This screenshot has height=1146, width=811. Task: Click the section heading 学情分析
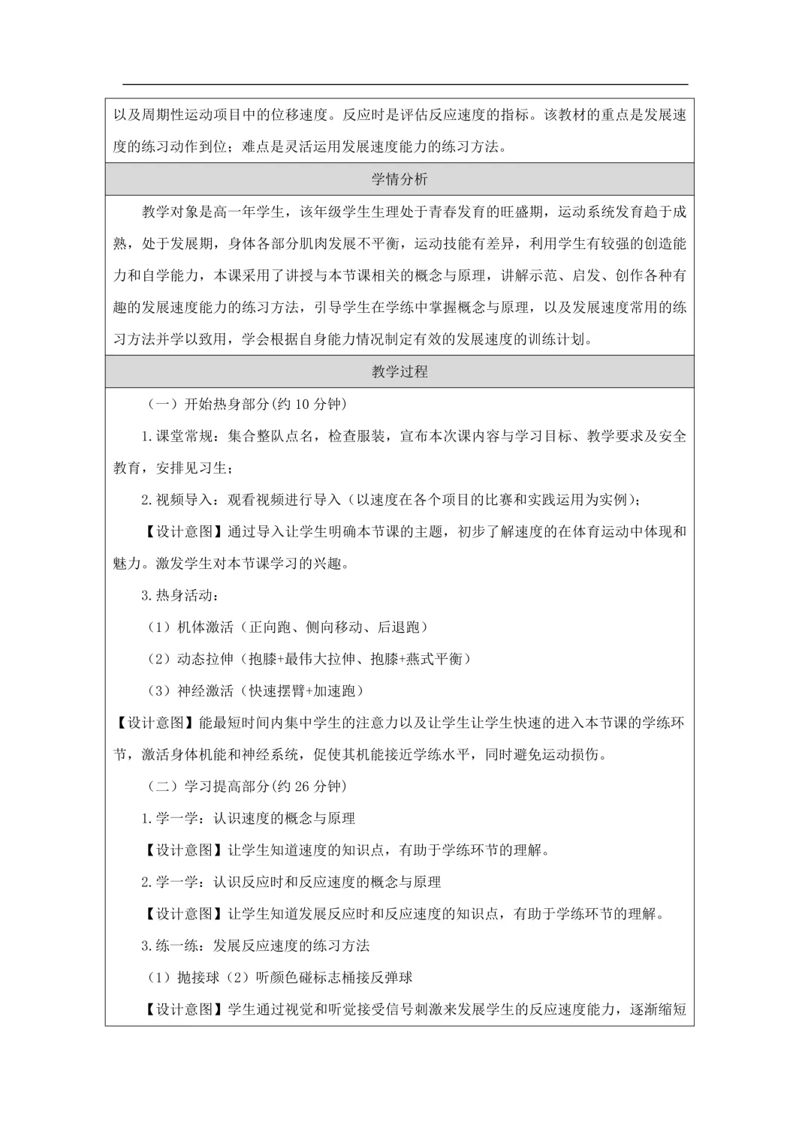[399, 179]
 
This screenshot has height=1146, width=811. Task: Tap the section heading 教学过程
[399, 371]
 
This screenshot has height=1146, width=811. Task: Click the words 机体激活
[206, 627]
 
